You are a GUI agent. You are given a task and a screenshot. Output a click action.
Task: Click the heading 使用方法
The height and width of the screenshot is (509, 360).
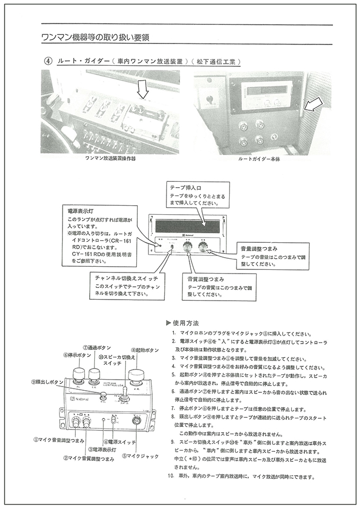[x=185, y=323]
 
